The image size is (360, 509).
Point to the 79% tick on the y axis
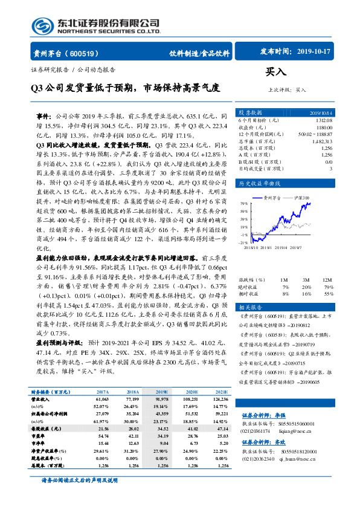(243, 203)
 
